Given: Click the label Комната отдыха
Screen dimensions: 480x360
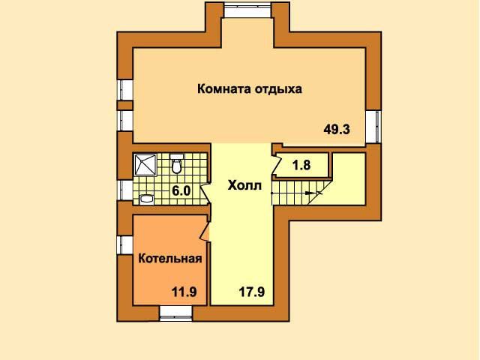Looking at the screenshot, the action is pos(250,89).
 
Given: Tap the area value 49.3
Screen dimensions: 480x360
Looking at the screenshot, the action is pos(337,130).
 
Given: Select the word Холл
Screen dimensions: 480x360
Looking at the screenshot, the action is pos(244,185).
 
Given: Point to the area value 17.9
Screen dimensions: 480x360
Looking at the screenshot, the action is pos(252,292).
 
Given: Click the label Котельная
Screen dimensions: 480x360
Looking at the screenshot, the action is pos(170,259).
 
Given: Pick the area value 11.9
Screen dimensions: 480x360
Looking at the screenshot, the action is pos(184,292).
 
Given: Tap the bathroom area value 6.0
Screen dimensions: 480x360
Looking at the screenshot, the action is pos(181,191).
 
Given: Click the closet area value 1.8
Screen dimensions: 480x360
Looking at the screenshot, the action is pos(301,165).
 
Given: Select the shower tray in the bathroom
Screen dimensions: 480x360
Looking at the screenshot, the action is pos(145,165).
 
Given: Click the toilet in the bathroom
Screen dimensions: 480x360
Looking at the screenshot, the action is pos(176,163).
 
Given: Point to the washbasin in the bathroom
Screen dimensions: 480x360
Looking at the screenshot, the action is pos(146,199).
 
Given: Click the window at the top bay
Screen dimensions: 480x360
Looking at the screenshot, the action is pos(247,10).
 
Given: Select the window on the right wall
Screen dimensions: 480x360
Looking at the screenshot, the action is pos(373,127).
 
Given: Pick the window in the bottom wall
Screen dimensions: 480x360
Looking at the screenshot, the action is pos(176,313).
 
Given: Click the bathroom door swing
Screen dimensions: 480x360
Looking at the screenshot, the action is pos(205,194).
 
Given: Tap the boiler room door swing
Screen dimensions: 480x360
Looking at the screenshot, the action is pos(205,232).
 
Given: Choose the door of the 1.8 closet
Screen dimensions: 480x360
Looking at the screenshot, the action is pos(277,165).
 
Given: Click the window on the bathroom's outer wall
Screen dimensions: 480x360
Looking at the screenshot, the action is pos(125,190).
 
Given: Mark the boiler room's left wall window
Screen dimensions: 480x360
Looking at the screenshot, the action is pos(124,245).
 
